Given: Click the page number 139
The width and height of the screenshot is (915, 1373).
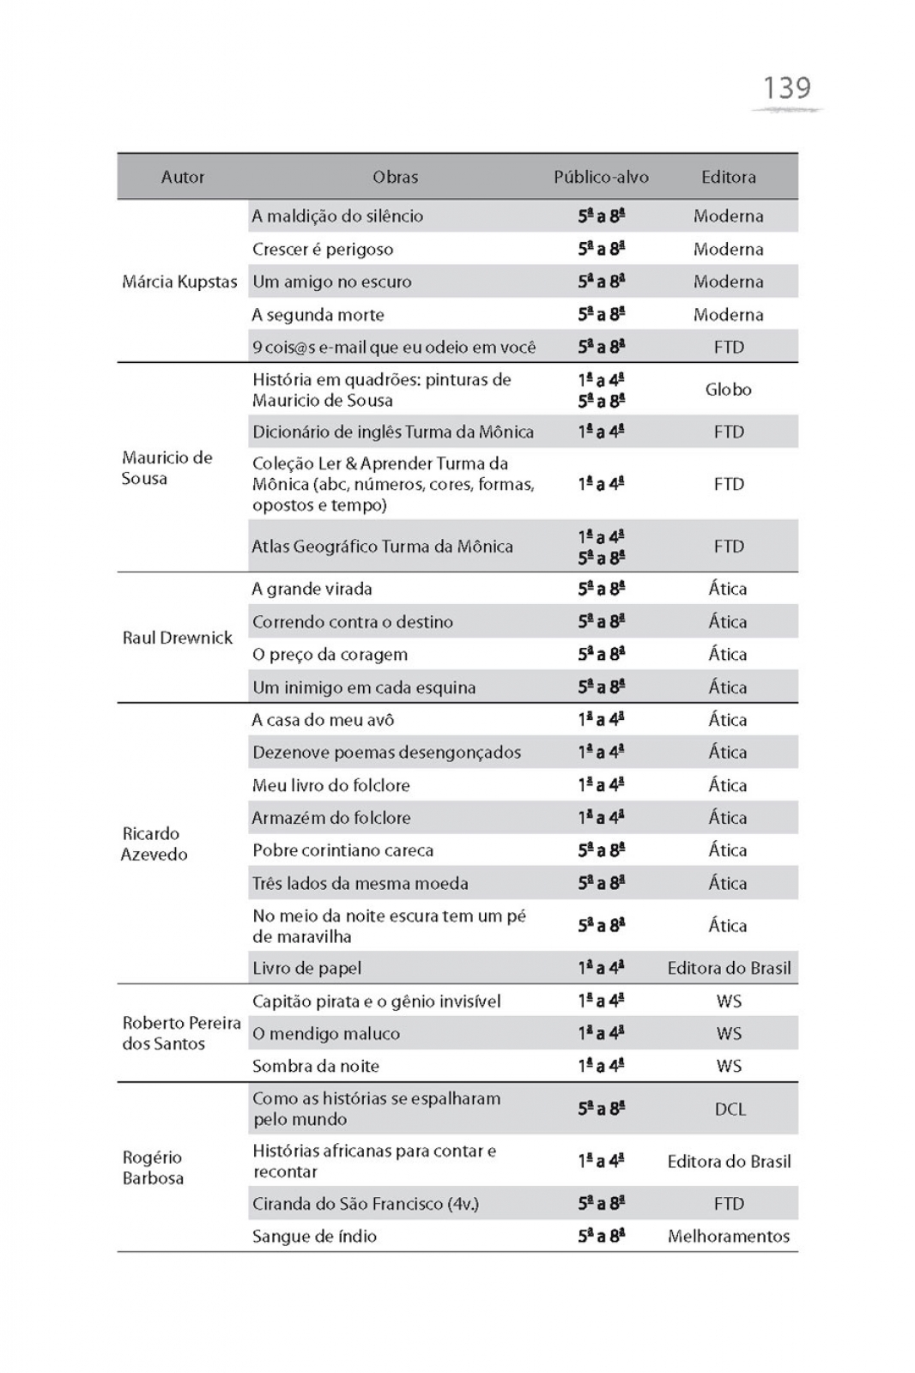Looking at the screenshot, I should (x=786, y=88).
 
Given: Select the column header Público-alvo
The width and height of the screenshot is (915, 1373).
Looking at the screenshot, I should (x=601, y=178).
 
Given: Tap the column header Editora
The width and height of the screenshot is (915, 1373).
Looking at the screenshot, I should (x=728, y=178).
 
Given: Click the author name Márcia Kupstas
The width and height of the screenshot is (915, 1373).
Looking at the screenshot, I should (x=179, y=281).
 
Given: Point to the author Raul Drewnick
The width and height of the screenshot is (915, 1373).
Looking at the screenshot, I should (x=177, y=638).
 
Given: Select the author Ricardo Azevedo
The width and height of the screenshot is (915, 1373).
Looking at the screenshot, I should (x=155, y=844).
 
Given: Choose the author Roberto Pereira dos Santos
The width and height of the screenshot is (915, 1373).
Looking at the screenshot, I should (x=181, y=1033).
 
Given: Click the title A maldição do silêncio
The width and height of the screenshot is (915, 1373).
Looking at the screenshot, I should (x=337, y=216).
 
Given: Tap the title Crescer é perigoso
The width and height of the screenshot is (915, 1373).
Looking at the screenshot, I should (x=323, y=250).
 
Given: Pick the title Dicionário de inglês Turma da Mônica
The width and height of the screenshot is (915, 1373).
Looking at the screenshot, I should (x=393, y=432).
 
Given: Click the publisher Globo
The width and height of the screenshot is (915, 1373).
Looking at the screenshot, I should (x=728, y=390).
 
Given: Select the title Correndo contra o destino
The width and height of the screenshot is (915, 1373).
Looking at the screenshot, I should (x=352, y=622).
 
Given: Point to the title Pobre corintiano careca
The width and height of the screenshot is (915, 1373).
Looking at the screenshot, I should (x=342, y=850).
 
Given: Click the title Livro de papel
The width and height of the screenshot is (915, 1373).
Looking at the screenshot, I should (x=306, y=968).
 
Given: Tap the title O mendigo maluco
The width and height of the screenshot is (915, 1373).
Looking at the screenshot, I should (x=325, y=1034).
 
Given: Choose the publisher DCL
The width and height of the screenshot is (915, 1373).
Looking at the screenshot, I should (x=730, y=1109).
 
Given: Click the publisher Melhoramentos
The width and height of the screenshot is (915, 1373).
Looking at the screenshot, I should (x=728, y=1237).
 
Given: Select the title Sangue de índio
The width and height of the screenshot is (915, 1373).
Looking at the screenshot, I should (x=314, y=1237).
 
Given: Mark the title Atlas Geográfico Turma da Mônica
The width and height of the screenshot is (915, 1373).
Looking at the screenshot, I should (x=382, y=547).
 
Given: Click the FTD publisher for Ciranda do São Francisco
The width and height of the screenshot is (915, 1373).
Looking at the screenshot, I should (x=728, y=1204).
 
